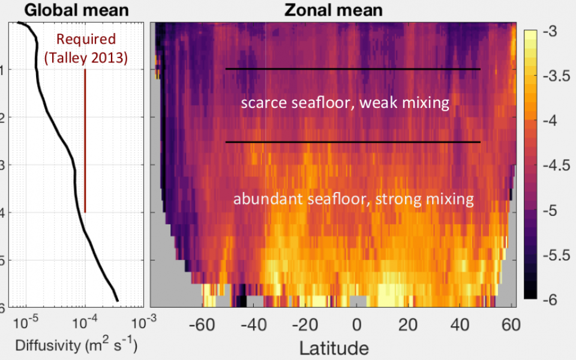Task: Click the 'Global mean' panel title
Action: (x=76, y=10)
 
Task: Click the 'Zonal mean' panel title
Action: (x=333, y=10)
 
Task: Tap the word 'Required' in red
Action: (x=86, y=39)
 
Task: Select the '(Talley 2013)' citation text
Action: (x=86, y=58)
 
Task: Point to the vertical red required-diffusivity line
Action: (x=85, y=140)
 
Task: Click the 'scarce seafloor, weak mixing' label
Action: (x=345, y=103)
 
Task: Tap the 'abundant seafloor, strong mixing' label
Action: (x=353, y=199)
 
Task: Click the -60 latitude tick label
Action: (x=202, y=325)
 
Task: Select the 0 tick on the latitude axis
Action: (x=356, y=325)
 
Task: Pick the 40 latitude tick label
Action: (x=460, y=325)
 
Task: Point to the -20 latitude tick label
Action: (x=305, y=325)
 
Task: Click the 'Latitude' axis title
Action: (x=334, y=348)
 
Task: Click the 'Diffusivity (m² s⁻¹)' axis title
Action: (x=76, y=346)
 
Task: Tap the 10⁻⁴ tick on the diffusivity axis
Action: (x=85, y=323)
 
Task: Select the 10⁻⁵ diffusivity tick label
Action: (x=25, y=323)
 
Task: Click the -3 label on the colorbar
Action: (x=550, y=31)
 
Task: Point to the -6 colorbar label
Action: (x=550, y=300)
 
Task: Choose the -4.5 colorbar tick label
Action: (x=557, y=166)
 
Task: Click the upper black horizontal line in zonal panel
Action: (x=353, y=68)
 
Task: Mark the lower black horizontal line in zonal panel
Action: (x=353, y=142)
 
